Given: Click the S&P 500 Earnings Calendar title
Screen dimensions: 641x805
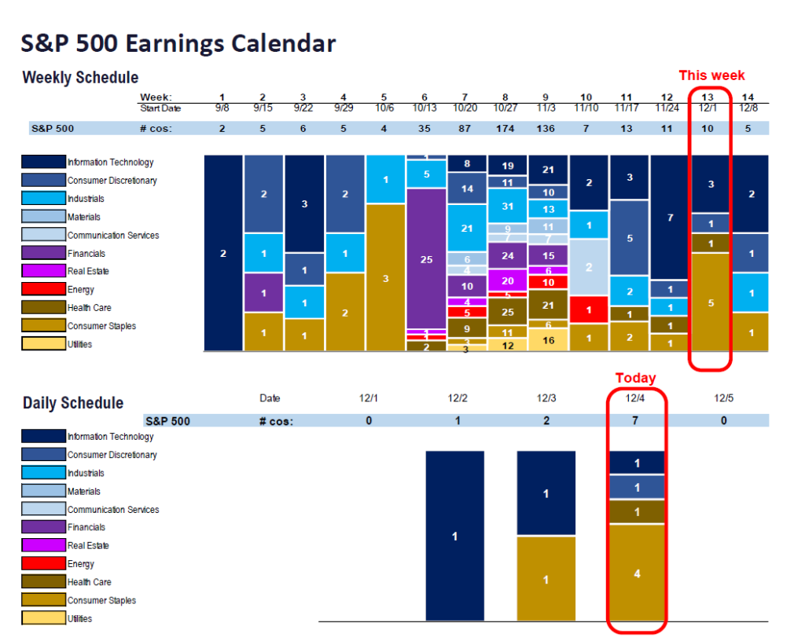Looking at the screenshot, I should (178, 43).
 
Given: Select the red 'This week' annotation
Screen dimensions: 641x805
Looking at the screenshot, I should (711, 75).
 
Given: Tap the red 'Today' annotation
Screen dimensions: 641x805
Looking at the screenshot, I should (635, 378).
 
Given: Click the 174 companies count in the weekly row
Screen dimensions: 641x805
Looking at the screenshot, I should (507, 128).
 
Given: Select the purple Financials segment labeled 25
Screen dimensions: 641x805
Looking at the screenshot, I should (426, 258).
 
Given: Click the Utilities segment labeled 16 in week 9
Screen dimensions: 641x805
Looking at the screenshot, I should (548, 339).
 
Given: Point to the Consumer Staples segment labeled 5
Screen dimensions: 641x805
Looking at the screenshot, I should (711, 302).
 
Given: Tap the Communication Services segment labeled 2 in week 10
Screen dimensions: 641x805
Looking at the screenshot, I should (589, 267).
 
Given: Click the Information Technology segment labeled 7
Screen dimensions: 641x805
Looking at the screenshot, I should (670, 217).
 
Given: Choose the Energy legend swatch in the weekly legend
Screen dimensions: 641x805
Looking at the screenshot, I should (43, 290).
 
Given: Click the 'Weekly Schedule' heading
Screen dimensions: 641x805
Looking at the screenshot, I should (80, 77).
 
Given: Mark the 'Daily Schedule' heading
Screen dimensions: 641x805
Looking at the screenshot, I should (73, 403).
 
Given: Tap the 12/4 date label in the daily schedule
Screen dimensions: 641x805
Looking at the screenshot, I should (636, 398).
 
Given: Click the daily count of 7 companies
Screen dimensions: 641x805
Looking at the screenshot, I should (636, 421).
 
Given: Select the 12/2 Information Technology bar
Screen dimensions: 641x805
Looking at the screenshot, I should (455, 536).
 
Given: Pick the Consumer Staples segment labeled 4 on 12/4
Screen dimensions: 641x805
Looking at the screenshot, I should (637, 573).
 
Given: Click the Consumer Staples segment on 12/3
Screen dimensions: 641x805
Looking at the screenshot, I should (546, 579).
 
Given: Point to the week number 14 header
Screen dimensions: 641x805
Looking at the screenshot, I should (751, 97).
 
